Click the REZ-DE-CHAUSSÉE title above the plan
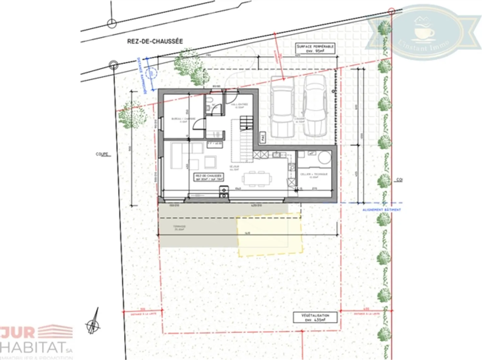pos(155,41)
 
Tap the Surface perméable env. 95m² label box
pos(315,49)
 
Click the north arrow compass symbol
pos(93,323)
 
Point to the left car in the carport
pos(282,107)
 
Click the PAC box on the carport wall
pos(263,137)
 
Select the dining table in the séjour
pos(256,178)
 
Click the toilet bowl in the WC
pos(209,101)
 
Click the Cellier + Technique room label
pos(314,175)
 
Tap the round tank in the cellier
pos(324,157)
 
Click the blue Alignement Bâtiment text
pos(381,210)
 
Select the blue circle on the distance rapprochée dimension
pos(152,73)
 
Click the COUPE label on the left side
pos(102,154)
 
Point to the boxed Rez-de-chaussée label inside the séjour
pos(209,177)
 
